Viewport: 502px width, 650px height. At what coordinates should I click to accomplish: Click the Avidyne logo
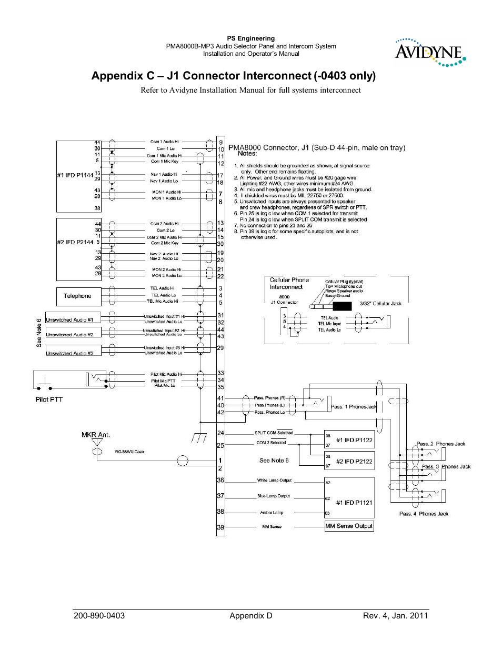pyautogui.click(x=430, y=53)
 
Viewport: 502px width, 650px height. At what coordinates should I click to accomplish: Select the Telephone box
pyautogui.click(x=77, y=296)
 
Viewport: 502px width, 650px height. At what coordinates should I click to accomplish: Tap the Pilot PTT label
pyautogui.click(x=49, y=399)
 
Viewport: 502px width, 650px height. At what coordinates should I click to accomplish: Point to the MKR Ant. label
pyautogui.click(x=96, y=435)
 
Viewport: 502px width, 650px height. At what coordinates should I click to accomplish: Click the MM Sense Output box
pyautogui.click(x=349, y=526)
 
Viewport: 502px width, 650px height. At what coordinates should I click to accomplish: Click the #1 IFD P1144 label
pyautogui.click(x=75, y=175)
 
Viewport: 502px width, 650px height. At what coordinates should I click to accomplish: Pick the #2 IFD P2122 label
pyautogui.click(x=354, y=462)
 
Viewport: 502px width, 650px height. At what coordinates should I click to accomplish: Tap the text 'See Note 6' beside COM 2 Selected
pyautogui.click(x=274, y=461)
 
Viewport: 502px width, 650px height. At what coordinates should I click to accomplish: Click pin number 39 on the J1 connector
pyautogui.click(x=220, y=527)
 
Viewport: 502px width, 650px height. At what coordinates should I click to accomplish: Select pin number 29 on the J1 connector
pyautogui.click(x=220, y=348)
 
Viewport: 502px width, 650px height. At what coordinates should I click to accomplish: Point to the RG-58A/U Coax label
pyautogui.click(x=129, y=452)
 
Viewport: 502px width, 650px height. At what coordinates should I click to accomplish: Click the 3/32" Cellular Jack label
pyautogui.click(x=380, y=304)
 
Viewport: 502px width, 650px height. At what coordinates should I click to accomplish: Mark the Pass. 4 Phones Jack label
pyautogui.click(x=424, y=514)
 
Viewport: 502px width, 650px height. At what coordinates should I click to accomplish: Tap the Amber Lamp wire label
pyautogui.click(x=272, y=513)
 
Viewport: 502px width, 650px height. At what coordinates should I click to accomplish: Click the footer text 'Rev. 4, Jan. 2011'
pyautogui.click(x=395, y=616)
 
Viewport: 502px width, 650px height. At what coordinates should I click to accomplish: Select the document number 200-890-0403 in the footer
pyautogui.click(x=99, y=616)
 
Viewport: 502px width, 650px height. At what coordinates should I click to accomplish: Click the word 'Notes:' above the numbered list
pyautogui.click(x=247, y=154)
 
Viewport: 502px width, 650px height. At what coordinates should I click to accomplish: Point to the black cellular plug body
pyautogui.click(x=342, y=306)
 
